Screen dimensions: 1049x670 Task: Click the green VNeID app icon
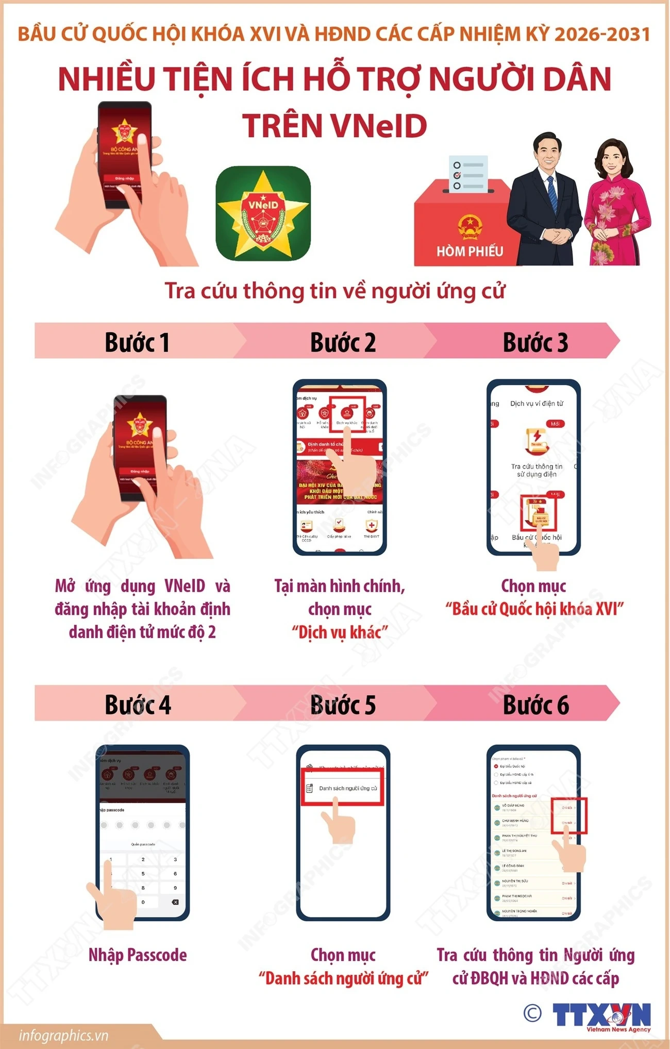click(x=263, y=213)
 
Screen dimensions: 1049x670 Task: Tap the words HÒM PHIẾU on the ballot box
click(x=470, y=251)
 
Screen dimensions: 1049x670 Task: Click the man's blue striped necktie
click(x=552, y=193)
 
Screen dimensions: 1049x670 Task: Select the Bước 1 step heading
click(x=137, y=342)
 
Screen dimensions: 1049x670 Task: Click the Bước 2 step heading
click(x=343, y=342)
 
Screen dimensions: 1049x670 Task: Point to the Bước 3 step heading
click(x=535, y=342)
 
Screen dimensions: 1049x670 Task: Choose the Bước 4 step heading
click(x=138, y=705)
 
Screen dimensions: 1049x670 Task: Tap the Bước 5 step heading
click(x=343, y=705)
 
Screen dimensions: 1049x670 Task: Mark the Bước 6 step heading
click(x=536, y=705)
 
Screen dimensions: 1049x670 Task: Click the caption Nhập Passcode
click(x=138, y=955)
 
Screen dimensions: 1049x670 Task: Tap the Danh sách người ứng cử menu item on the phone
click(x=347, y=788)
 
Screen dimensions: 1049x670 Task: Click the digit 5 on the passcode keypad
click(x=143, y=873)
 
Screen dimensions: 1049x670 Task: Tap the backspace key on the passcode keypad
click(x=175, y=902)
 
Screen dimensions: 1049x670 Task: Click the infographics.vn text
click(x=63, y=1035)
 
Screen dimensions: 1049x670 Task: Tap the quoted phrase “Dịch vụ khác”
click(x=340, y=632)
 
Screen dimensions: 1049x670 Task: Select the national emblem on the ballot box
click(x=468, y=227)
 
